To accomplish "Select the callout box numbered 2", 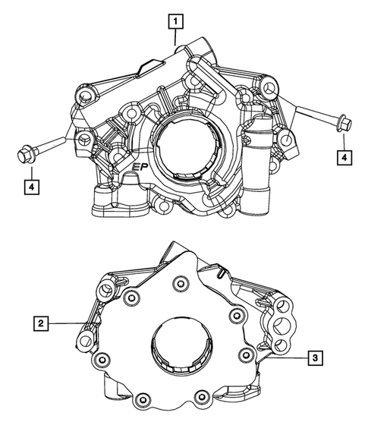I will [42, 324].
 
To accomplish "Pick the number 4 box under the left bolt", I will [30, 184].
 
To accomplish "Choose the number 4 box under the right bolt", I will [344, 157].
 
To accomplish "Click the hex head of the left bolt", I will [24, 155].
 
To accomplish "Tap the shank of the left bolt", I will [57, 146].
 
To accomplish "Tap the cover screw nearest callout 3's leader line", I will [244, 354].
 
